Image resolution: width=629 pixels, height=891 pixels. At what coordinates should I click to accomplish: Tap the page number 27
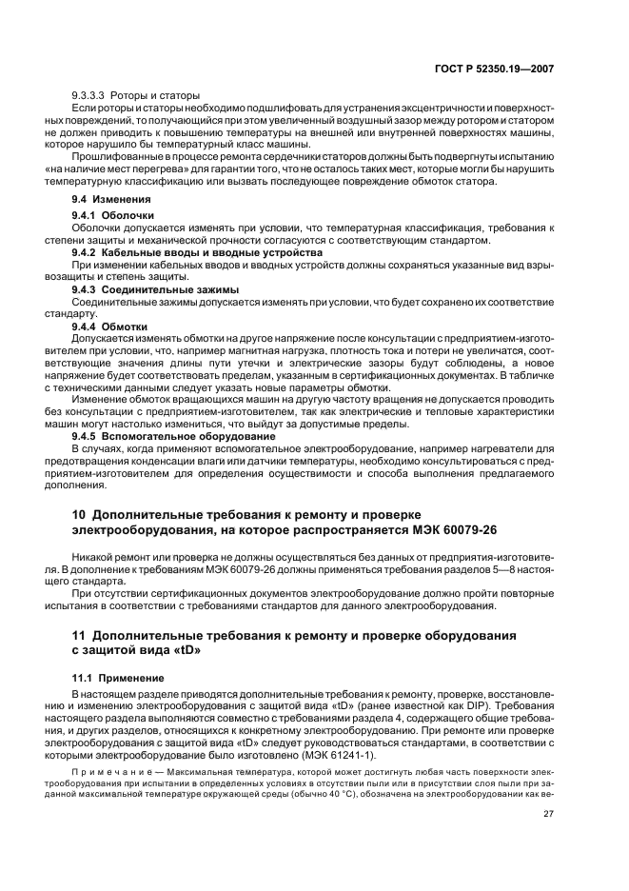pos(548,813)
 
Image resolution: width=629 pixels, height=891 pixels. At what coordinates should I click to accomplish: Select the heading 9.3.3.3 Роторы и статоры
pos(135,96)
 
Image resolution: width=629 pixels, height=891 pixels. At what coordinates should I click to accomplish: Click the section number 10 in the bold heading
pos(80,514)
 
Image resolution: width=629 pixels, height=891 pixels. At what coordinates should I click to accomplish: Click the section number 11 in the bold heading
pos(79,634)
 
